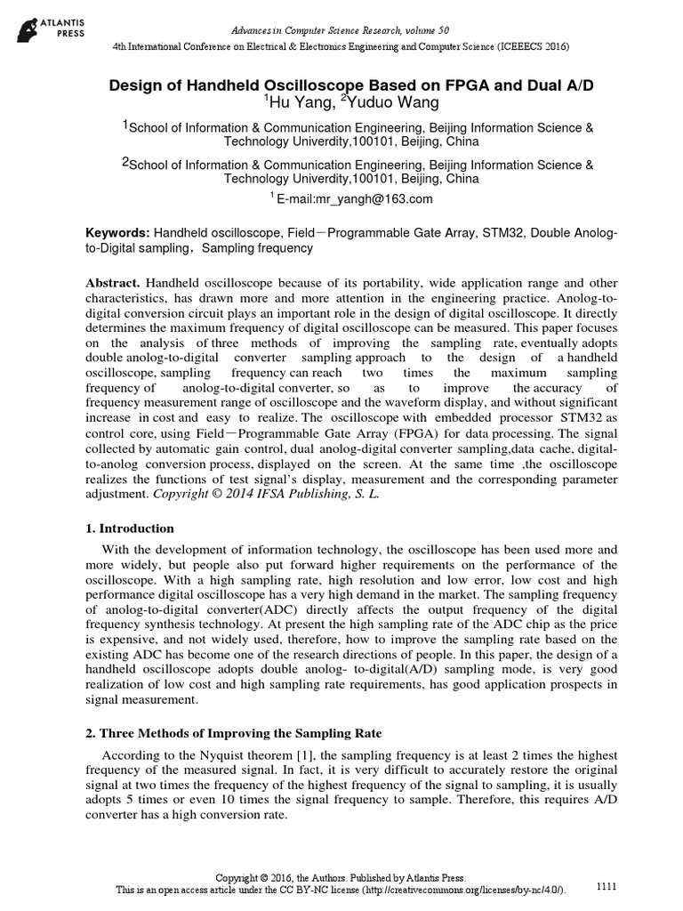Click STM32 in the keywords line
pyautogui.click(x=486, y=232)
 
